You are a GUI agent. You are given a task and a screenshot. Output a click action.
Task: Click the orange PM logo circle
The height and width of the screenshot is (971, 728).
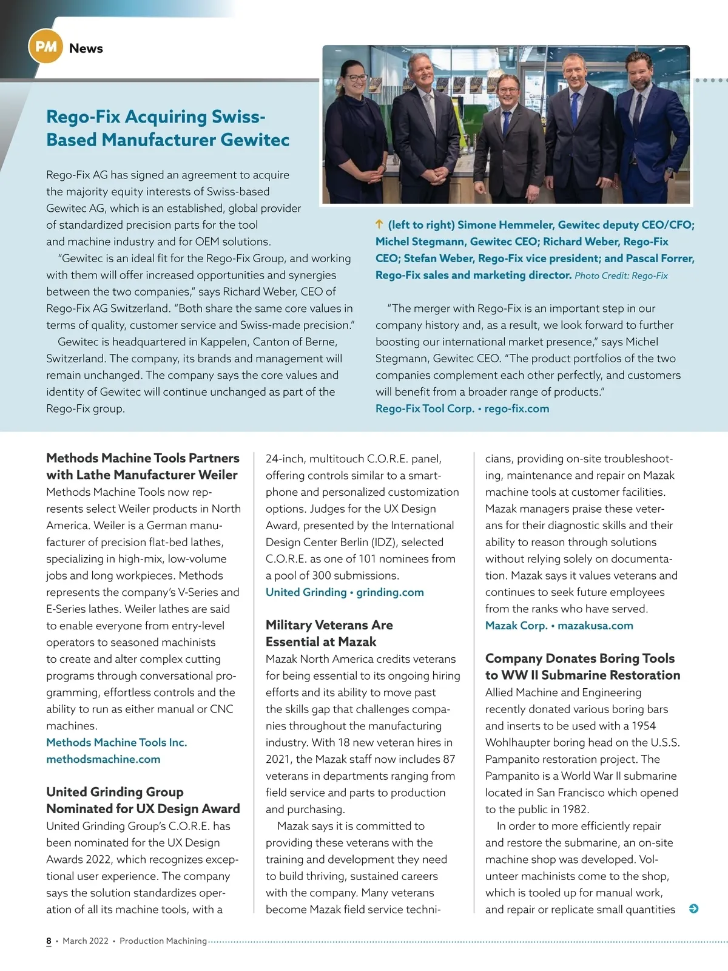pos(45,47)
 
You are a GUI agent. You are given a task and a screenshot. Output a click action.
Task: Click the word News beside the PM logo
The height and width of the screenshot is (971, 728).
pos(86,49)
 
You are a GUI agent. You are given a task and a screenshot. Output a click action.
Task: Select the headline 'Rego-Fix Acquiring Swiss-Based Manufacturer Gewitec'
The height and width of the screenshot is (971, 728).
pos(167,128)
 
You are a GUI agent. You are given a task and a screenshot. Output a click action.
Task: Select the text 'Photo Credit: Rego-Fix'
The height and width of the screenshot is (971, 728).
pos(621,276)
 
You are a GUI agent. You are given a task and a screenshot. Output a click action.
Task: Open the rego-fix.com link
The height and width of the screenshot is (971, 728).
pos(516,408)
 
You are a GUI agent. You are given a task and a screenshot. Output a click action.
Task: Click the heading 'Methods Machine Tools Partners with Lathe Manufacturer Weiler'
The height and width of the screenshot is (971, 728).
pos(143,466)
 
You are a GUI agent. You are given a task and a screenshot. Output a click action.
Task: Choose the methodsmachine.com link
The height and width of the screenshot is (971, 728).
pos(103,759)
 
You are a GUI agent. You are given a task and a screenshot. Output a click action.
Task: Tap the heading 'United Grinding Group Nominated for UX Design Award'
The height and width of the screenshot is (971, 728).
pos(143,800)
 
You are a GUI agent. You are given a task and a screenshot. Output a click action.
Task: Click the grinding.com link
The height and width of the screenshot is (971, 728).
pos(389,592)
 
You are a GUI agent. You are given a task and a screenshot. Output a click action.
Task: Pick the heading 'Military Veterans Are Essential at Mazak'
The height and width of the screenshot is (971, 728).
pos(329,633)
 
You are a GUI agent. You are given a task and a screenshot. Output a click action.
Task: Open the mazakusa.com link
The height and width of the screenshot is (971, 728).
pos(595,626)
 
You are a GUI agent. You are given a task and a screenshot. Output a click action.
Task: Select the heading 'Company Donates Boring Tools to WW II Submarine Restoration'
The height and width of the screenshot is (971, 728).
pos(582,666)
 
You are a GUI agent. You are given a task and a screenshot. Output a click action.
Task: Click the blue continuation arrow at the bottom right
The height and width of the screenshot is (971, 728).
pos(694,908)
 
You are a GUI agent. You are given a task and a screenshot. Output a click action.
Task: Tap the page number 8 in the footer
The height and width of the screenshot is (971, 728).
pos(49,941)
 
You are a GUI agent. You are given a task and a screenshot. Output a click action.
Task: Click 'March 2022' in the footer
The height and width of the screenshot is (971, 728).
pos(86,941)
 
